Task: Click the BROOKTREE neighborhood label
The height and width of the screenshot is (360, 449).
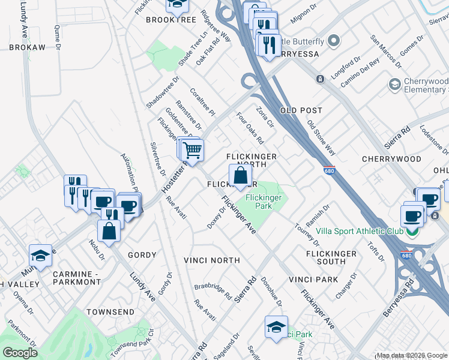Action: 171,20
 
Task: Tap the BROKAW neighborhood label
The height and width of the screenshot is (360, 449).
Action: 26,47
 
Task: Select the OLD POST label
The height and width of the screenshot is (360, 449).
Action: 301,110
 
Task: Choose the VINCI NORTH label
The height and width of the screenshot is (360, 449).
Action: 212,260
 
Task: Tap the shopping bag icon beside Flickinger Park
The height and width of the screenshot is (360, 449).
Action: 240,176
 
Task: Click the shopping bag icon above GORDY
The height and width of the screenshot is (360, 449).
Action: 109,230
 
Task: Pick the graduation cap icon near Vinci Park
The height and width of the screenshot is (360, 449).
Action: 276,327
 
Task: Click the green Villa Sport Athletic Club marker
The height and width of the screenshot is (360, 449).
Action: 412,232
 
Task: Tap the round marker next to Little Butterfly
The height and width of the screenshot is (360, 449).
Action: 334,41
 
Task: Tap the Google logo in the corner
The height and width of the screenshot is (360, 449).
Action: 20,353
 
